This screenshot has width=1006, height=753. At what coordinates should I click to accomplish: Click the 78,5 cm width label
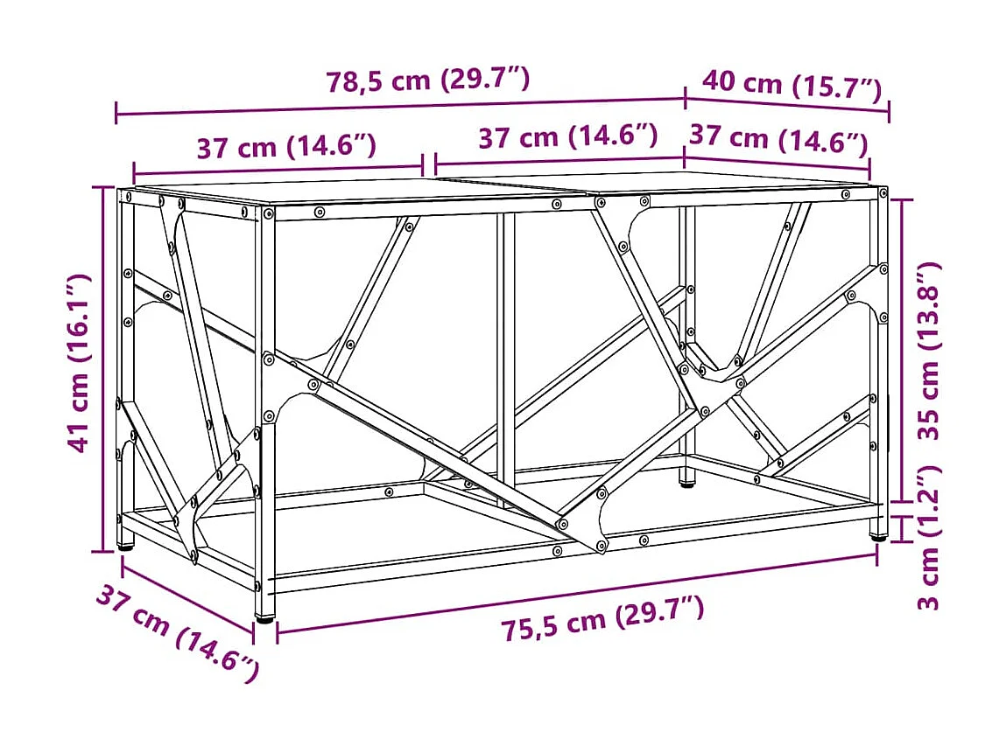click(x=428, y=80)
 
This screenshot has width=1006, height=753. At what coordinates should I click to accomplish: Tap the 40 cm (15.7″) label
click(x=791, y=85)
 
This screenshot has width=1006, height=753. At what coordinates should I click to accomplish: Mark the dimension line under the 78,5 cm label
click(x=400, y=107)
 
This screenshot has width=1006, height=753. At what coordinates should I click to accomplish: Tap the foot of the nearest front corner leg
click(x=264, y=617)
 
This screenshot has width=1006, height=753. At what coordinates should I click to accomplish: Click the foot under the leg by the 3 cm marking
click(x=876, y=536)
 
